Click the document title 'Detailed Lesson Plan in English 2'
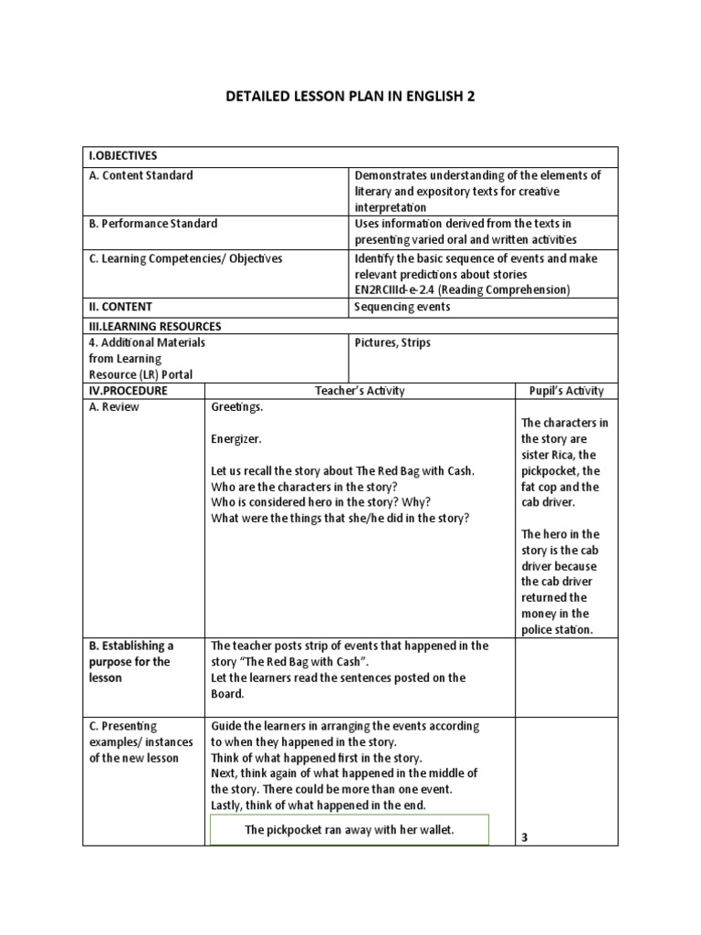[350, 96]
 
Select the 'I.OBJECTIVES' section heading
[123, 156]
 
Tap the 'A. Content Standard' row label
[141, 175]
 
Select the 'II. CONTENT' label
[120, 307]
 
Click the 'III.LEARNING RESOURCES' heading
[155, 326]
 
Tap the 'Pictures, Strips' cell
[392, 342]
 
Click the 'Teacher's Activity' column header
[361, 391]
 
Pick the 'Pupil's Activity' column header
[567, 391]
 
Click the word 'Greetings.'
[237, 407]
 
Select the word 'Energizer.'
[236, 439]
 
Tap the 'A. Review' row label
[114, 407]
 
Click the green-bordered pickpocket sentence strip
[350, 829]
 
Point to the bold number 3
[525, 836]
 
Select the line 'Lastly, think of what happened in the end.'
[319, 804]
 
